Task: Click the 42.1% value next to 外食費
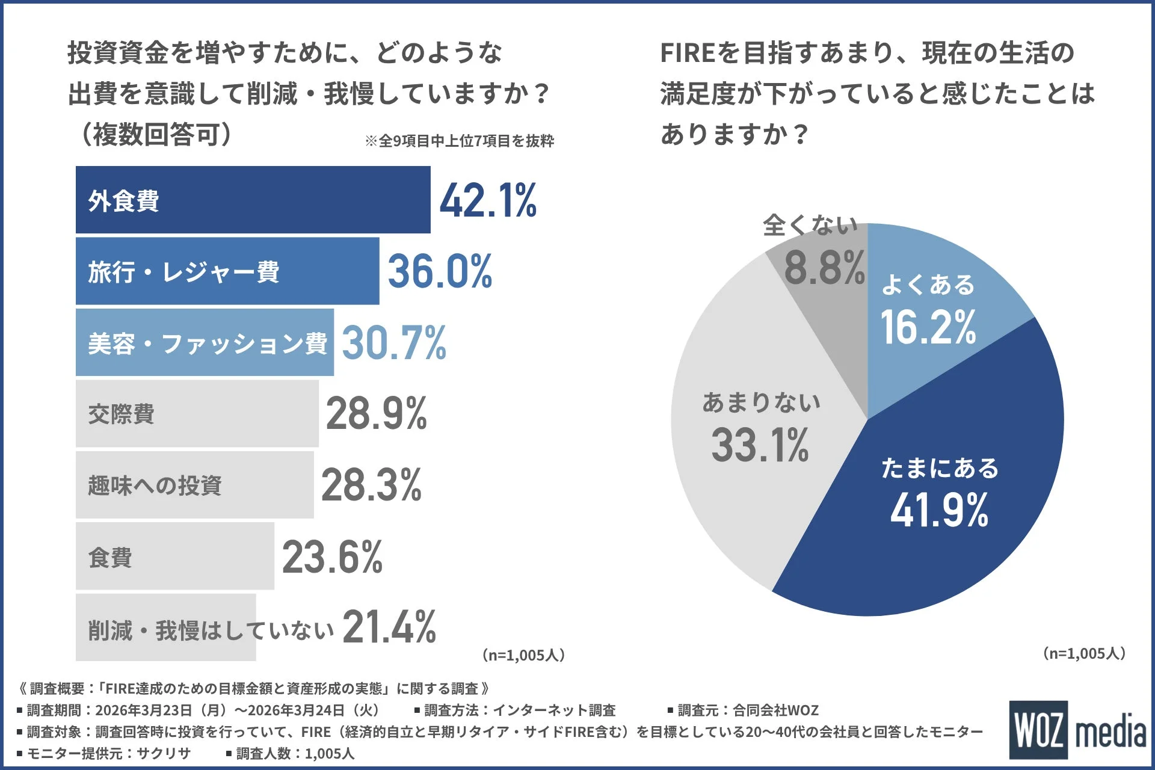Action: point(488,201)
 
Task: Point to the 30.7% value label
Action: point(394,343)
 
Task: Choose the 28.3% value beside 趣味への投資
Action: point(371,485)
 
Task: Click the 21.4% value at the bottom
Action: point(389,627)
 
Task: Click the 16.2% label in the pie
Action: point(928,327)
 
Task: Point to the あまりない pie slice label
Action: point(761,402)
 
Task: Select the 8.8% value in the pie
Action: point(824,268)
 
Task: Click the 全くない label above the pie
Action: point(810,226)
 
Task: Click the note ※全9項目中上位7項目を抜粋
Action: point(459,141)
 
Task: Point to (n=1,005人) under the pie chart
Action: point(1084,653)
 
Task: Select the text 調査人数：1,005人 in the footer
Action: point(295,754)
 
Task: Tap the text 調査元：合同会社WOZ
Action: point(748,710)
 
